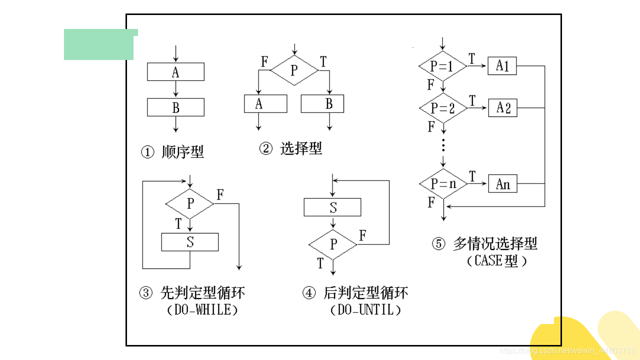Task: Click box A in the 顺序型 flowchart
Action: [x=175, y=72]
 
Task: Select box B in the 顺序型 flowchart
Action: [x=175, y=107]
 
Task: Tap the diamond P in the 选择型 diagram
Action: [x=294, y=70]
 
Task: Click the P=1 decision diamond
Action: [x=442, y=65]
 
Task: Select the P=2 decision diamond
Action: [x=442, y=107]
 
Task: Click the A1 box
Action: [x=502, y=65]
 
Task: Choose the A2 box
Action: [x=502, y=107]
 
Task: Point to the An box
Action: [x=502, y=184]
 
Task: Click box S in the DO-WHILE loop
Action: [x=190, y=242]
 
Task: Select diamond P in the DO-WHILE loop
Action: [x=190, y=203]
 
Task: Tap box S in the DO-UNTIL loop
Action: [x=332, y=207]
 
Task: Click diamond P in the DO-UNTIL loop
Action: [x=333, y=244]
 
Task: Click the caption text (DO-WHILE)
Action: [x=202, y=310]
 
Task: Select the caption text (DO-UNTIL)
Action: [x=366, y=310]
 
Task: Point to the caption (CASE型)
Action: [x=496, y=261]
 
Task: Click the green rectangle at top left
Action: [x=99, y=45]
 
